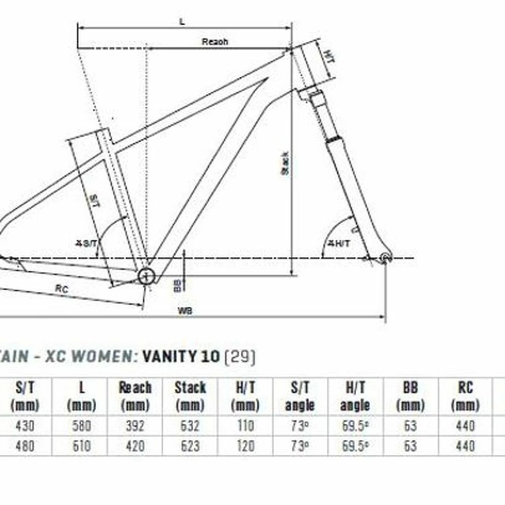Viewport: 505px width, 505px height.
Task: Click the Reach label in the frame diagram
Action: pos(215,41)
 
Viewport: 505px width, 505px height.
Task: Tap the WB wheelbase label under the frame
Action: pos(185,311)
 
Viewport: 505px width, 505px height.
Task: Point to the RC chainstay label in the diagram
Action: pos(62,289)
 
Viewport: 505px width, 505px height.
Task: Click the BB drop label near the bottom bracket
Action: pos(178,285)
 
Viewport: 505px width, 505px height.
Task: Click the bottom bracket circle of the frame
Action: pos(146,276)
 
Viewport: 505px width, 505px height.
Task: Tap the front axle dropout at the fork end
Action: pos(385,258)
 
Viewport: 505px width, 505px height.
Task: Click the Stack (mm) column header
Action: pos(190,396)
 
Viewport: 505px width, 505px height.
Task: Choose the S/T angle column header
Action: pos(300,396)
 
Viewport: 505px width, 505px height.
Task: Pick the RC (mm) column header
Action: pos(465,396)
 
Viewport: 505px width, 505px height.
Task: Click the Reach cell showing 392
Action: pos(135,426)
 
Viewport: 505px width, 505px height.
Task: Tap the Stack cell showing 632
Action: pos(190,426)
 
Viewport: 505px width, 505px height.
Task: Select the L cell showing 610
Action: pos(81,446)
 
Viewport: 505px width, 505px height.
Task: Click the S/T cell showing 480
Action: pos(24,446)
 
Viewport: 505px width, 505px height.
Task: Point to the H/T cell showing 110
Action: pos(245,426)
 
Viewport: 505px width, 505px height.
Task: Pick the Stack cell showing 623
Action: pos(190,446)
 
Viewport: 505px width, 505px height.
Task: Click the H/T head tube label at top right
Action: pos(329,56)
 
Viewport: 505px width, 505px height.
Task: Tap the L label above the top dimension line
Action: pos(182,22)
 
